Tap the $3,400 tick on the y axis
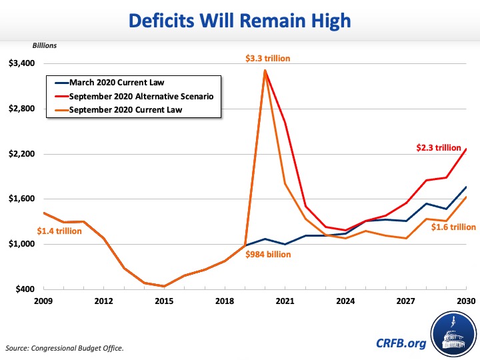(21, 64)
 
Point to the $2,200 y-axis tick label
(21, 154)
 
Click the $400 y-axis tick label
(24, 289)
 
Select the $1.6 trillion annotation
(453, 227)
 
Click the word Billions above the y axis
(45, 46)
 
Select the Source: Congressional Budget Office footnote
(65, 348)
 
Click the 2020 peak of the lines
(265, 70)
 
